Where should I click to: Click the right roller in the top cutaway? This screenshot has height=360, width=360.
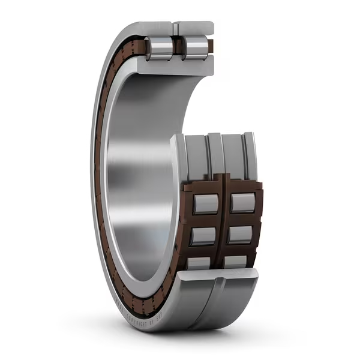[x=193, y=47]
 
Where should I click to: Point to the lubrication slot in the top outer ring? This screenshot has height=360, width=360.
[x=176, y=27]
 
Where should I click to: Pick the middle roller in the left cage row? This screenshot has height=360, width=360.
[x=203, y=236]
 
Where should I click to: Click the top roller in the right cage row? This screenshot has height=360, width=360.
[x=243, y=203]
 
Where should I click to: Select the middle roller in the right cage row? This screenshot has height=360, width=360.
[x=240, y=235]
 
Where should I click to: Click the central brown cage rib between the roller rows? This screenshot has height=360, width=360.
[x=223, y=228]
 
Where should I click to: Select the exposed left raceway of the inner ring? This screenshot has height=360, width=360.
[x=196, y=159]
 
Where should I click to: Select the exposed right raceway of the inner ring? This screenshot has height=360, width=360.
[x=233, y=157]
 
